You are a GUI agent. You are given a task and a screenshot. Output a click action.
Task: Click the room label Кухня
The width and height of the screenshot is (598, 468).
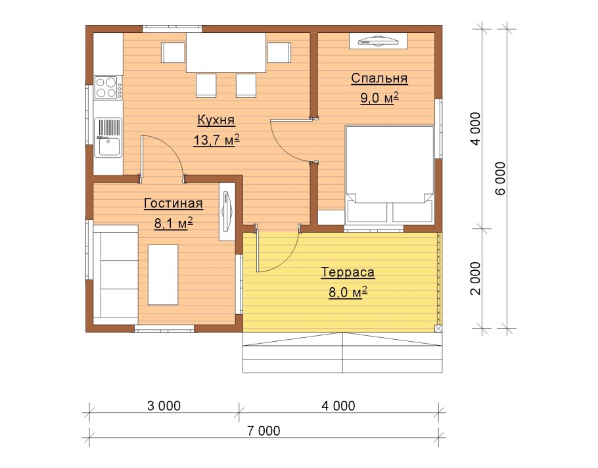pyautogui.click(x=216, y=120)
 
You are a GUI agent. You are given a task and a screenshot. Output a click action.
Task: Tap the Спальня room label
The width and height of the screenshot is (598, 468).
pyautogui.click(x=379, y=78)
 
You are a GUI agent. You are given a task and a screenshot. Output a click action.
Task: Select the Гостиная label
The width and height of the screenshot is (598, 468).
pyautogui.click(x=173, y=203)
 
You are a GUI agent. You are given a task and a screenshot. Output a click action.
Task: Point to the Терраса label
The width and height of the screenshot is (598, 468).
pyautogui.click(x=348, y=272)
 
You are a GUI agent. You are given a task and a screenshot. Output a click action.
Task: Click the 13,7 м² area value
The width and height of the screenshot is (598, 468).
pyautogui.click(x=216, y=140)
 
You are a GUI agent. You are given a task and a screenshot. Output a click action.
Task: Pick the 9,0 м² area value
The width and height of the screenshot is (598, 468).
pyautogui.click(x=379, y=98)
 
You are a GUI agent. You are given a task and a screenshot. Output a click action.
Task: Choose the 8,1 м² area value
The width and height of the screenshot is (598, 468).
pyautogui.click(x=173, y=223)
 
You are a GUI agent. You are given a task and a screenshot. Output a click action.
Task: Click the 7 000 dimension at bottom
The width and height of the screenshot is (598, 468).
pyautogui.click(x=264, y=431)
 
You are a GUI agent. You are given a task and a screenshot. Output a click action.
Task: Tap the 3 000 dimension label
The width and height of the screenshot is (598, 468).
pyautogui.click(x=164, y=406)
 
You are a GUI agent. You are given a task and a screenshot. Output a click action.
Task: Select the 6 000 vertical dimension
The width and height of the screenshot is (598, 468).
pyautogui.click(x=500, y=179)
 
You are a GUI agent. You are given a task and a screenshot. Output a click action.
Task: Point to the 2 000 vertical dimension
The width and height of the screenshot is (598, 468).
pyautogui.click(x=476, y=279)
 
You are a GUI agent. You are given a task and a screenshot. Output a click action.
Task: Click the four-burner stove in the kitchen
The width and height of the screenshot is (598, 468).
pyautogui.click(x=108, y=87)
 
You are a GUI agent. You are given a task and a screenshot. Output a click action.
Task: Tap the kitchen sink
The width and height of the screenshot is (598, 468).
pyautogui.click(x=108, y=137)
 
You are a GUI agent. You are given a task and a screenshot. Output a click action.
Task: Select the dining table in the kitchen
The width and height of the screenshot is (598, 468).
pyautogui.click(x=226, y=53)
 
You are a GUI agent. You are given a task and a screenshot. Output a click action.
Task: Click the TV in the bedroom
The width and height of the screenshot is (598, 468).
pyautogui.click(x=379, y=41)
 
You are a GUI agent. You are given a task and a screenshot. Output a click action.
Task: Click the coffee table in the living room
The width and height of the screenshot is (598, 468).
pyautogui.click(x=163, y=275)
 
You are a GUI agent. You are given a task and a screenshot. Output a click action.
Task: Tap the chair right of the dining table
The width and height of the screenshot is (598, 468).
pyautogui.click(x=279, y=53)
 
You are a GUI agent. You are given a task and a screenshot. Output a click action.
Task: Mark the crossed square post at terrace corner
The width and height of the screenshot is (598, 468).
pyautogui.click(x=438, y=329)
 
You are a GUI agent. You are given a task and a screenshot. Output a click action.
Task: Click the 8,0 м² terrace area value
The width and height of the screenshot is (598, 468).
pyautogui.click(x=348, y=292)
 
